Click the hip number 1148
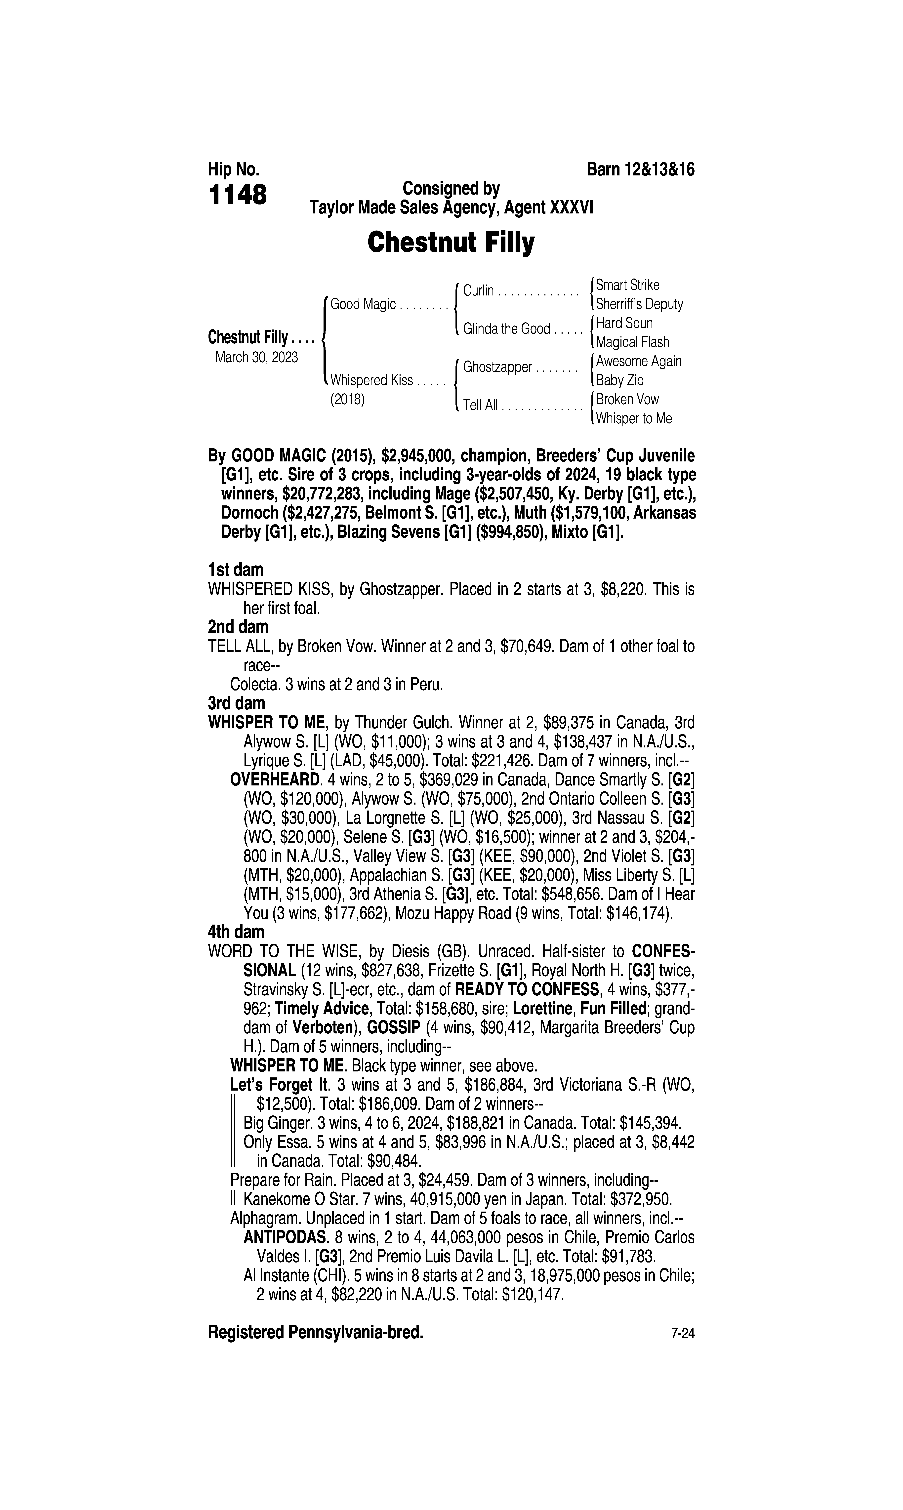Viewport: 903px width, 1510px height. [x=237, y=195]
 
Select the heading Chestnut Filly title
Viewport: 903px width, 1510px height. [x=451, y=243]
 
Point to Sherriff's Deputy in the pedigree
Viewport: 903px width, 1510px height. [x=639, y=304]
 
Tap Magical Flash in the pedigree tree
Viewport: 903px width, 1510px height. [x=632, y=343]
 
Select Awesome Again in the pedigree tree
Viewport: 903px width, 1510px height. [x=638, y=361]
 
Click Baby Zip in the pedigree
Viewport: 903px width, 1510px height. [x=619, y=380]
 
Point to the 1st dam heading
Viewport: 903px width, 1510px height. [x=236, y=570]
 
